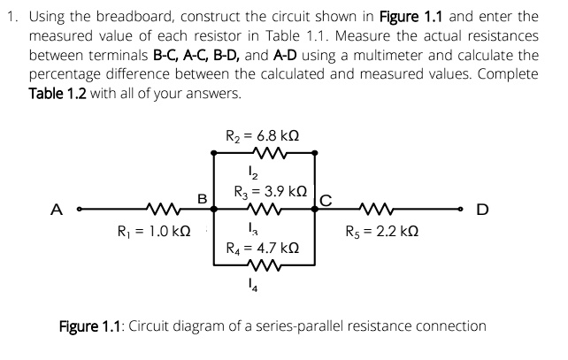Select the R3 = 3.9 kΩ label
pyautogui.click(x=271, y=191)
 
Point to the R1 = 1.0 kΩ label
pyautogui.click(x=156, y=233)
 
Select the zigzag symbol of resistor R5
pyautogui.click(x=378, y=211)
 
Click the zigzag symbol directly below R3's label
pyautogui.click(x=265, y=211)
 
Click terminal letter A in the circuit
pyautogui.click(x=58, y=210)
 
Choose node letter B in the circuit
pyautogui.click(x=201, y=199)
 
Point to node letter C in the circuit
pyautogui.click(x=325, y=200)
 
